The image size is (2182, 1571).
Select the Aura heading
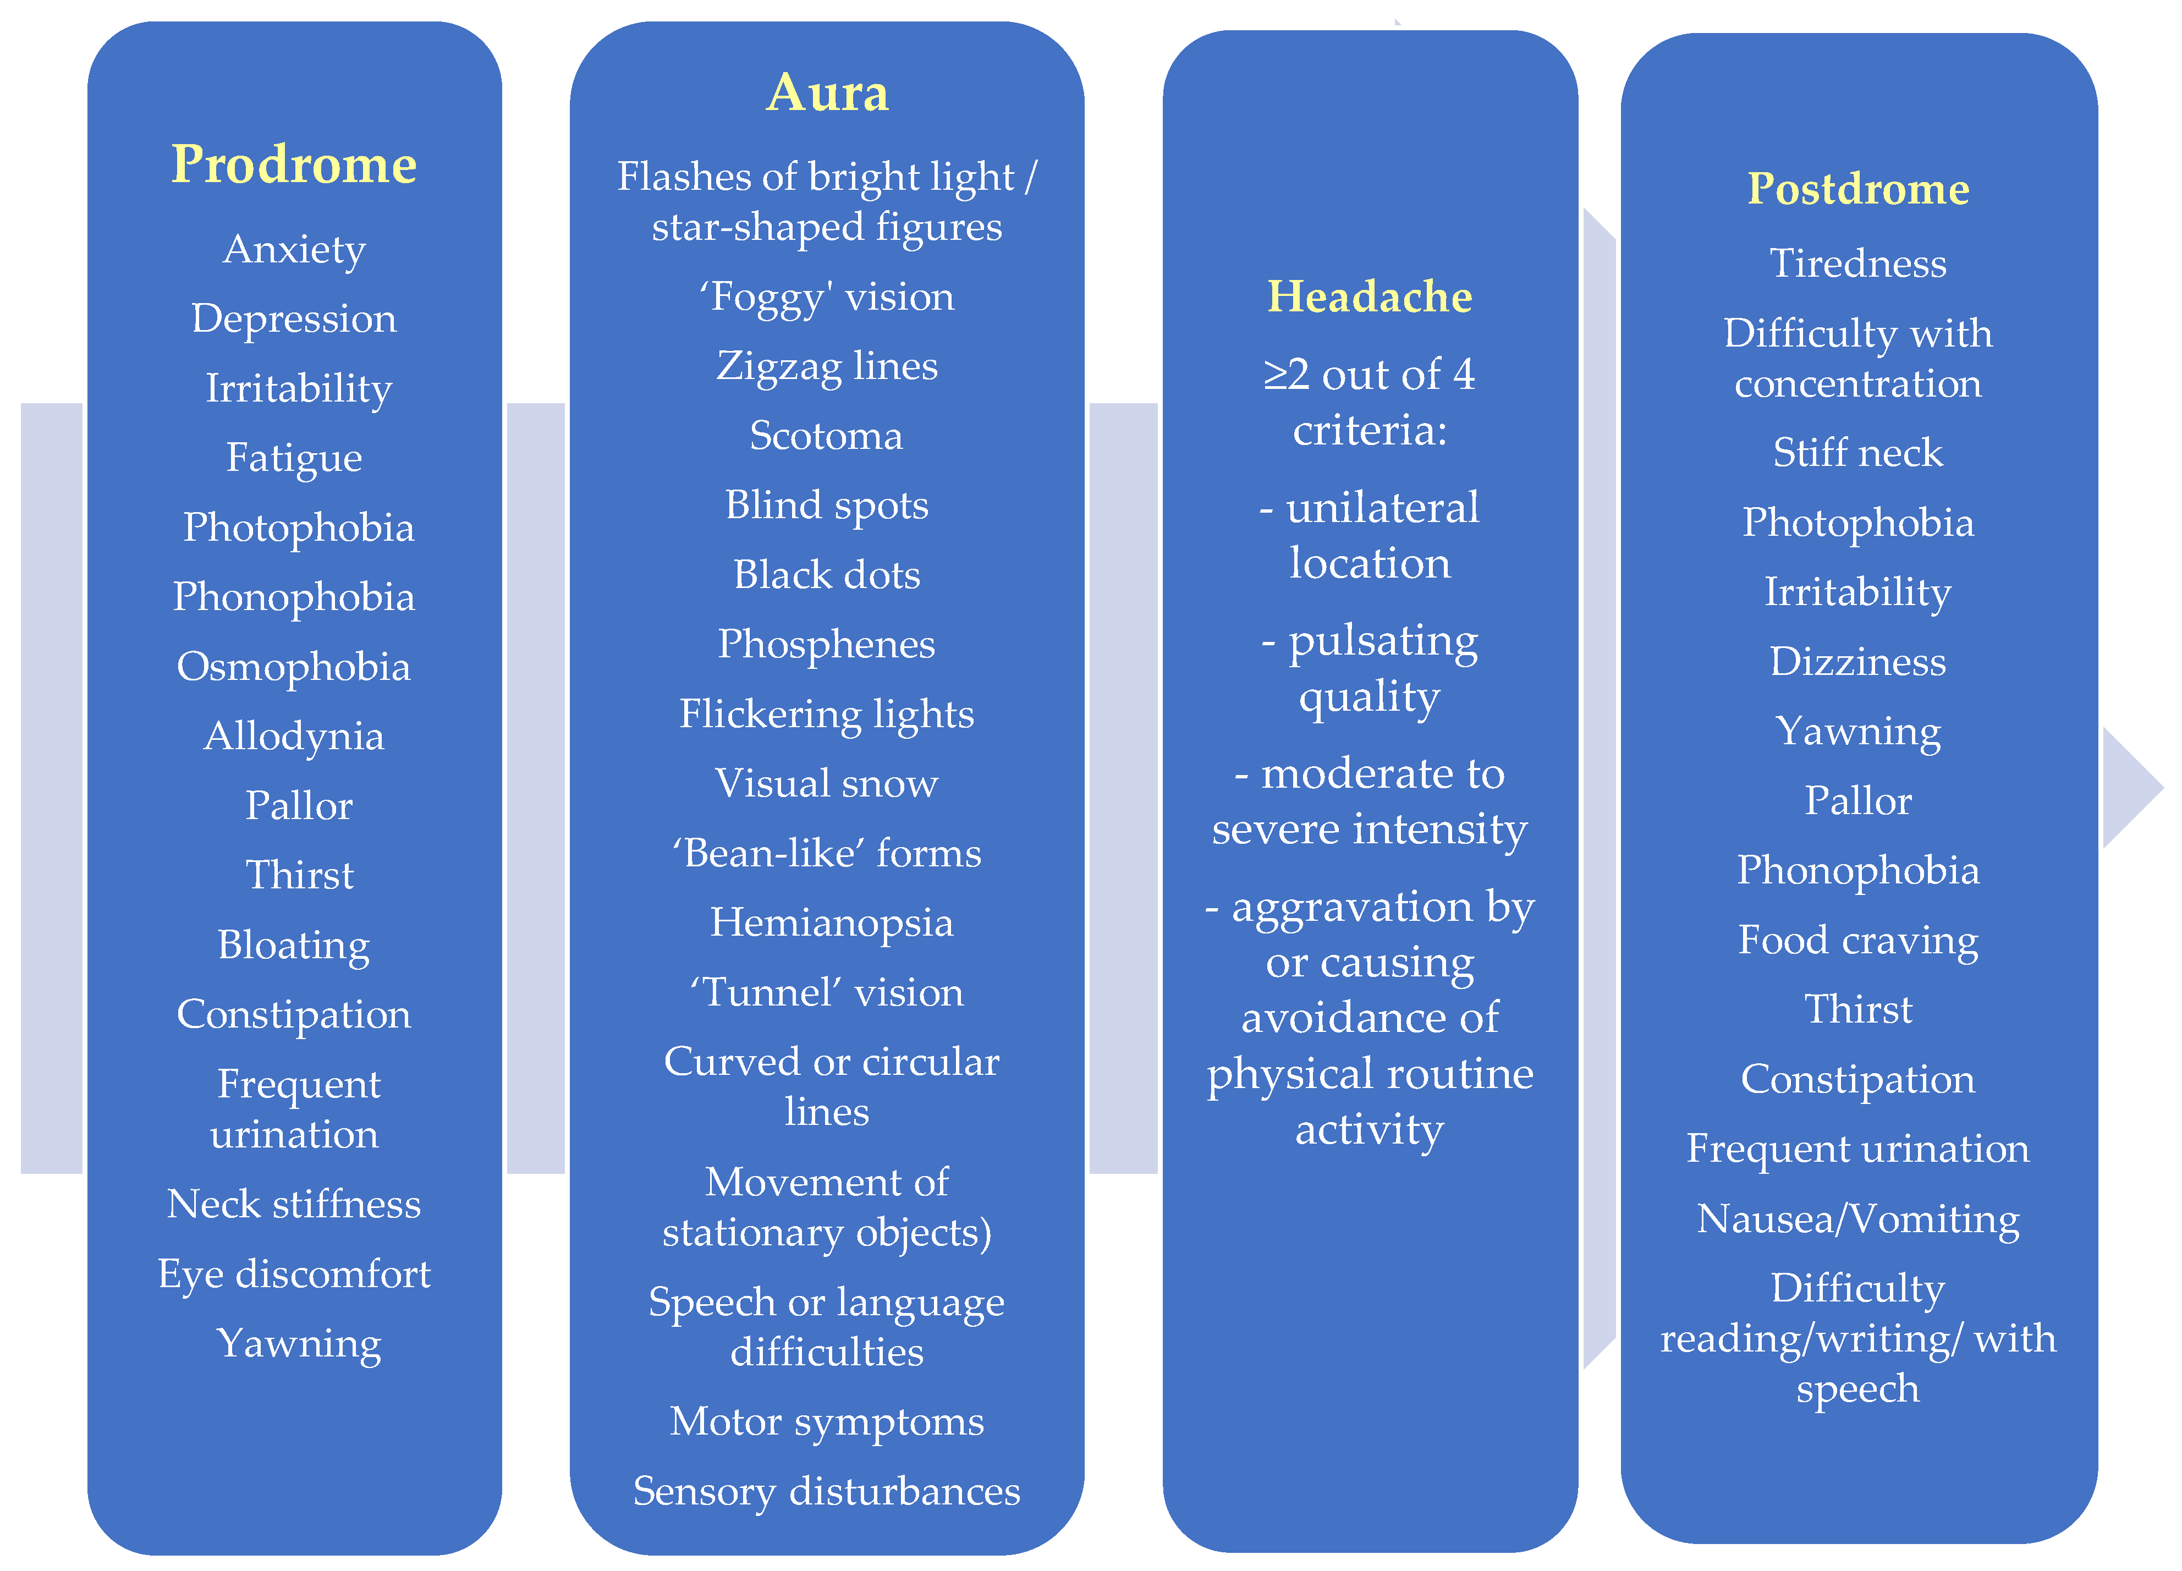tap(827, 94)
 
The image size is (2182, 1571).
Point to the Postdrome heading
tap(1858, 189)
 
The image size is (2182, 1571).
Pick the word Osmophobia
tap(294, 667)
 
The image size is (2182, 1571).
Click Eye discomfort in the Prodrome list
tap(294, 1274)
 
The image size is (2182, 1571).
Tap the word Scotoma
tap(826, 436)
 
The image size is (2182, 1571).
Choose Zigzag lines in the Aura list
tap(826, 366)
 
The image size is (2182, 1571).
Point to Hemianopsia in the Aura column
tap(831, 922)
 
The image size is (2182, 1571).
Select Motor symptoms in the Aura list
tap(826, 1422)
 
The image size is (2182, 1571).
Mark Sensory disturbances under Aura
tap(826, 1491)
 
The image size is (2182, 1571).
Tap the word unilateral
tap(1382, 508)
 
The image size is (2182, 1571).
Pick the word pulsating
tap(1382, 642)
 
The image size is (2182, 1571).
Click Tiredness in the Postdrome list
tap(1858, 263)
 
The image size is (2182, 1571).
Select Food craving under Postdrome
tap(1858, 940)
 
